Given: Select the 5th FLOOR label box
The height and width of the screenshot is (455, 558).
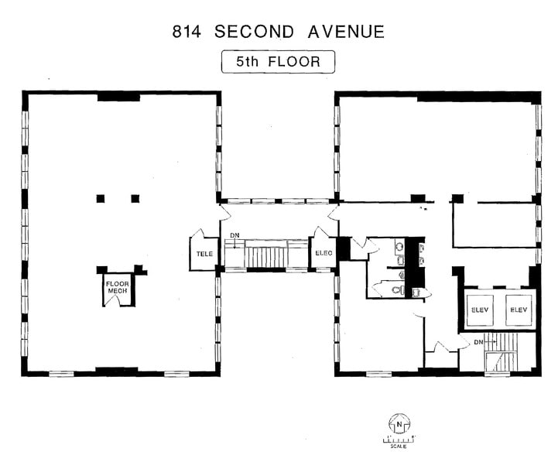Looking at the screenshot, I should [278, 62].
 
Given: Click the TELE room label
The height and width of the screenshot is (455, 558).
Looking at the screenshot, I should [204, 254].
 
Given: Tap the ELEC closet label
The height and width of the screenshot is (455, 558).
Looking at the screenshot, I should [322, 254].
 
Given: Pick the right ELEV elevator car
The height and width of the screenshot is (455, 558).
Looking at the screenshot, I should [517, 310].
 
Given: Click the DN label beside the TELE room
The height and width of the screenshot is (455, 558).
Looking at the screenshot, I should [234, 235].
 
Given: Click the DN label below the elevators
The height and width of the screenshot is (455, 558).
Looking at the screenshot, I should [479, 341].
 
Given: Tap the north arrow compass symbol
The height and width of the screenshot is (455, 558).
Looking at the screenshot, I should [399, 423].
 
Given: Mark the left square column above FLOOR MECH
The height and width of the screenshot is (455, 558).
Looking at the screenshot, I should [100, 199].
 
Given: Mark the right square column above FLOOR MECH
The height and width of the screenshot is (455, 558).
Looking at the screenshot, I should [135, 199].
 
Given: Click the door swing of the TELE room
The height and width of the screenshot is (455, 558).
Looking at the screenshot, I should [197, 233].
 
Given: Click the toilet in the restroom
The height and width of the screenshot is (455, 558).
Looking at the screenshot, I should [397, 290].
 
